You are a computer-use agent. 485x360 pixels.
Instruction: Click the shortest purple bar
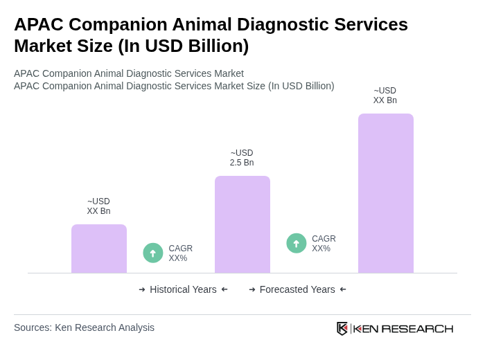(x=99, y=249)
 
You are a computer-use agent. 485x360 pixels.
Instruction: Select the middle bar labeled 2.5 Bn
(x=242, y=224)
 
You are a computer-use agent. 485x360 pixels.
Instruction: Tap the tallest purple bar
(x=386, y=193)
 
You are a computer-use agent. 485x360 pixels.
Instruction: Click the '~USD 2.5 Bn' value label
(x=242, y=158)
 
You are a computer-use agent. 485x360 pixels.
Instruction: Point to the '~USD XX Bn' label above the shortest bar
(x=98, y=206)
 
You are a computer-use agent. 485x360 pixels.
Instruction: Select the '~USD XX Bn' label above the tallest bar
(x=385, y=96)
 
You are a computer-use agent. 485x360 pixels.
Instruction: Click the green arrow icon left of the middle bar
(x=153, y=253)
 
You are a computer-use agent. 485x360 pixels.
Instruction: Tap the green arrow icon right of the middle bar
(x=297, y=244)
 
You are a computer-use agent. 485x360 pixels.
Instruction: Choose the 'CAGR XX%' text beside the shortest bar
(x=181, y=253)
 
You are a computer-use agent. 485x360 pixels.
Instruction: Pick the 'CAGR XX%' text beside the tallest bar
(x=324, y=244)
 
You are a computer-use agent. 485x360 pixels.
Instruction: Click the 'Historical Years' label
(x=183, y=289)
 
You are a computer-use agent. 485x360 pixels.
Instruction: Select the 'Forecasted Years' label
(x=297, y=289)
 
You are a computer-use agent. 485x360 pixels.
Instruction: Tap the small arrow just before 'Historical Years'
(x=142, y=289)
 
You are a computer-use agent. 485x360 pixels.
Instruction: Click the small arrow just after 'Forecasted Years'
(x=343, y=289)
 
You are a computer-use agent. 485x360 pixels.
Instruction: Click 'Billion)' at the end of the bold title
(x=215, y=46)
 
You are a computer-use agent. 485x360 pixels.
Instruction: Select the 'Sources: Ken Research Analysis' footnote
(x=84, y=327)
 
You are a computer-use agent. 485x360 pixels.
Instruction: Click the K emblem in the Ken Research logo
(x=342, y=328)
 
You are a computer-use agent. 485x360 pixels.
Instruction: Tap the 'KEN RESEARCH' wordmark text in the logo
(x=403, y=329)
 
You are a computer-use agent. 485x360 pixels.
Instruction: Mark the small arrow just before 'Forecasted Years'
(x=252, y=289)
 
